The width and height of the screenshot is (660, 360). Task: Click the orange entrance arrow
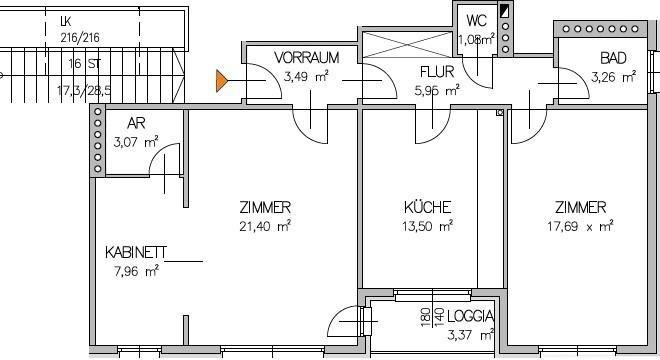coord(222,81)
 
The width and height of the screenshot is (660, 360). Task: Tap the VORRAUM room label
coord(306,58)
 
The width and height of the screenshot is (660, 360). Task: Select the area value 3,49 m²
coord(306,77)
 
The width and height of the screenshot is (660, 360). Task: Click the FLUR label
coord(437,72)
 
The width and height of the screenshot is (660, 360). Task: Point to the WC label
coord(476,20)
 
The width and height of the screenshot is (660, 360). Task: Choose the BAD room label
coord(613,58)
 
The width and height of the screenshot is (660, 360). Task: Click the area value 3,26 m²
coord(613,77)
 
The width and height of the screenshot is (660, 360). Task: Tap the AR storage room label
coord(136,123)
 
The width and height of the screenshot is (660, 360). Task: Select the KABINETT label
coord(136,253)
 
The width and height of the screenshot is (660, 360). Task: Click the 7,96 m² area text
coord(136,271)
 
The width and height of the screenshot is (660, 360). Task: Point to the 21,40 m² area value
coord(265,226)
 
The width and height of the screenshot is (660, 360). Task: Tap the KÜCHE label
coord(427,207)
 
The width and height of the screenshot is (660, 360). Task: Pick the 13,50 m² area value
coord(427,226)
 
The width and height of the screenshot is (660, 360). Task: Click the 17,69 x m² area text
coord(580,226)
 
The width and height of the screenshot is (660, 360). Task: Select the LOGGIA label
coord(471,316)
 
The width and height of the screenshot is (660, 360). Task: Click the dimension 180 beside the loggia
coord(425,317)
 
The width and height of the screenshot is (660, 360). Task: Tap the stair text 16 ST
coord(85,64)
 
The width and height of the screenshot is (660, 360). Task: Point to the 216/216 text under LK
coord(80,38)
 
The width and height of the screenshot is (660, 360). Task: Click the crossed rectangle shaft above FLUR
coord(407,44)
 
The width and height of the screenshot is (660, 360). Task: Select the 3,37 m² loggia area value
coord(471,336)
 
